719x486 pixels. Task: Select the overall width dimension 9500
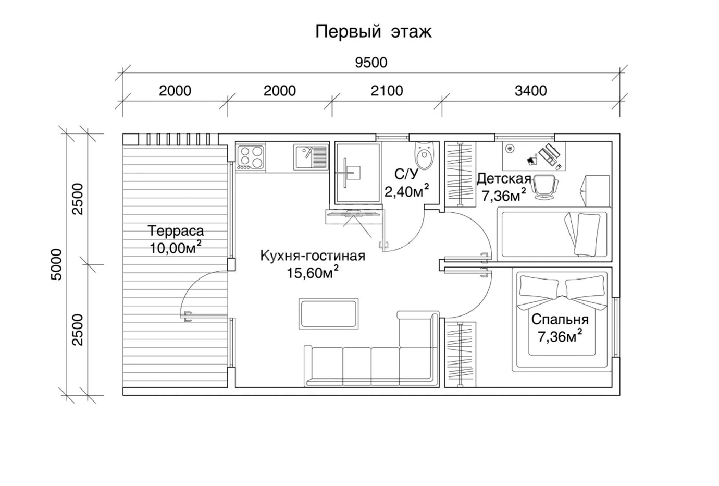pos(371,63)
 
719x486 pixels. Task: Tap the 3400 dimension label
pos(530,91)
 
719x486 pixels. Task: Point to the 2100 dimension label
pos(387,91)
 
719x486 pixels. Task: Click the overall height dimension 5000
pos(56,264)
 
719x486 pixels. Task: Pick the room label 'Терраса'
pos(176,230)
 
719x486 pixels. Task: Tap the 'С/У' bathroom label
pos(406,174)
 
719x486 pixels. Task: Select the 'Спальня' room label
pos(560,320)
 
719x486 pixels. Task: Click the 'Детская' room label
pos(504,179)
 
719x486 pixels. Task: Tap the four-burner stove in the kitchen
pos(250,157)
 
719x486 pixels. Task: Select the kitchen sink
pos(311,157)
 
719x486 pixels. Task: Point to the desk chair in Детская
pos(544,187)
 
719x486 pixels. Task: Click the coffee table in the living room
pos(328,313)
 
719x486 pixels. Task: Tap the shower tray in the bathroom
pos(357,174)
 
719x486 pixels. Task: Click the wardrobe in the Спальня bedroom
pos(460,354)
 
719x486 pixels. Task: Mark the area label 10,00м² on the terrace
pos(176,248)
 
